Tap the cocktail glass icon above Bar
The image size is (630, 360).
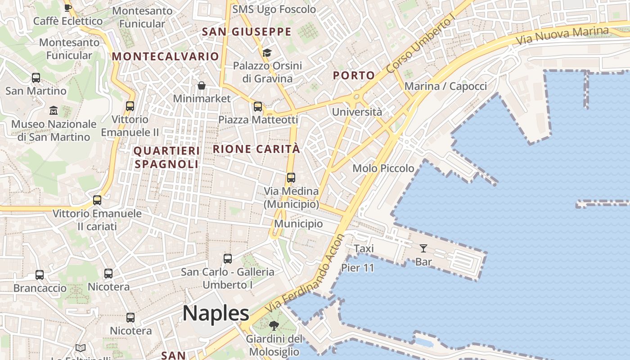[423, 248]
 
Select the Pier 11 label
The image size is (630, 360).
[358, 268]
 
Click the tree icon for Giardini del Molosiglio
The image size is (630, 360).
[274, 326]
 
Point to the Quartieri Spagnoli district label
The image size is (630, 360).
[166, 157]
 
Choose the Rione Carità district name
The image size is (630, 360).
[256, 149]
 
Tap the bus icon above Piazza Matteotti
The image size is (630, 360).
[258, 107]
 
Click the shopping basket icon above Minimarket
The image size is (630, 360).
[202, 85]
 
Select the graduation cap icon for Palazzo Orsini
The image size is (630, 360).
[267, 53]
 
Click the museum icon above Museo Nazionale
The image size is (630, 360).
[54, 110]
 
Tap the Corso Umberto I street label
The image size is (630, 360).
[421, 45]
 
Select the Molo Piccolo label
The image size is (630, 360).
[383, 168]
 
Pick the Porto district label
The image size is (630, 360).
[354, 75]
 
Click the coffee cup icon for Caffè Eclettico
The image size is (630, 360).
[68, 8]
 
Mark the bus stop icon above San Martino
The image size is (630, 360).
[36, 78]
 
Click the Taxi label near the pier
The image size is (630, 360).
[364, 248]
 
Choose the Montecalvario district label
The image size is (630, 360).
[165, 56]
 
